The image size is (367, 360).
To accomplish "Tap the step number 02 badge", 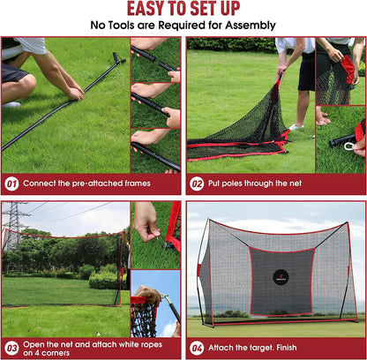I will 197,184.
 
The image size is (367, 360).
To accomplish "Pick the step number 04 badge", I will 197,348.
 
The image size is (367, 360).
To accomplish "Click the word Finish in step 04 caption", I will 297,348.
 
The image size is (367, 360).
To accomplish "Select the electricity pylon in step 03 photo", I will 12,226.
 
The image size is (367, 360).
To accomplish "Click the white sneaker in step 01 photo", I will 11,103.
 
